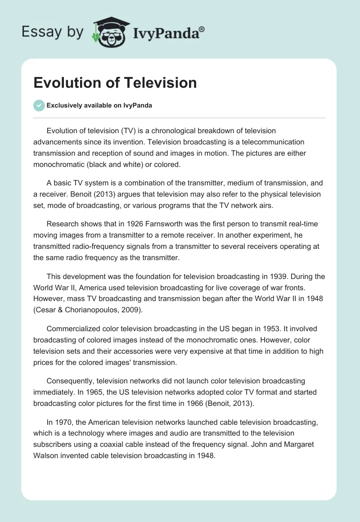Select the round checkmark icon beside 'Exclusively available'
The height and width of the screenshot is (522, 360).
39,105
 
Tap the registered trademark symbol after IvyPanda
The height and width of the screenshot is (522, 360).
202,29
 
